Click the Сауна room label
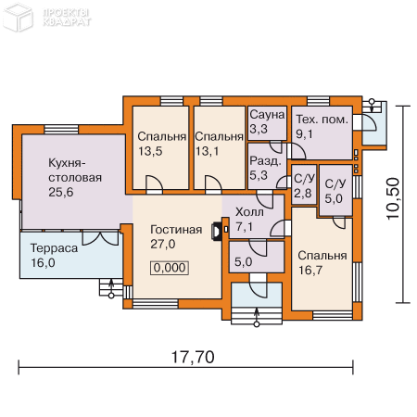pos(267,115)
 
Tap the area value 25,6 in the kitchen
pos(61,192)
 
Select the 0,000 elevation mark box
pos(170,268)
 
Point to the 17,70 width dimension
pos(193,357)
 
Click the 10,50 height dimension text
pos(393,198)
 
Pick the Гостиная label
pos(176,230)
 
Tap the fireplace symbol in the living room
pos(216,231)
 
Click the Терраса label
pos(54,248)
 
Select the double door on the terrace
pos(100,238)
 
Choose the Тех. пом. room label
pos(322,120)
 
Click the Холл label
pos(249,212)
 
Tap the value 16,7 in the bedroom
pos(310,271)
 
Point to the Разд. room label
pos(265,161)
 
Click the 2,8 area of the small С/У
pos(302,194)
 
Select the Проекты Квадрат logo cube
pos(18,17)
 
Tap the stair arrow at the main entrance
pos(257,316)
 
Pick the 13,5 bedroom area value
pos(150,151)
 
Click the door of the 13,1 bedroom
pos(213,184)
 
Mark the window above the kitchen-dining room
pos(61,129)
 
